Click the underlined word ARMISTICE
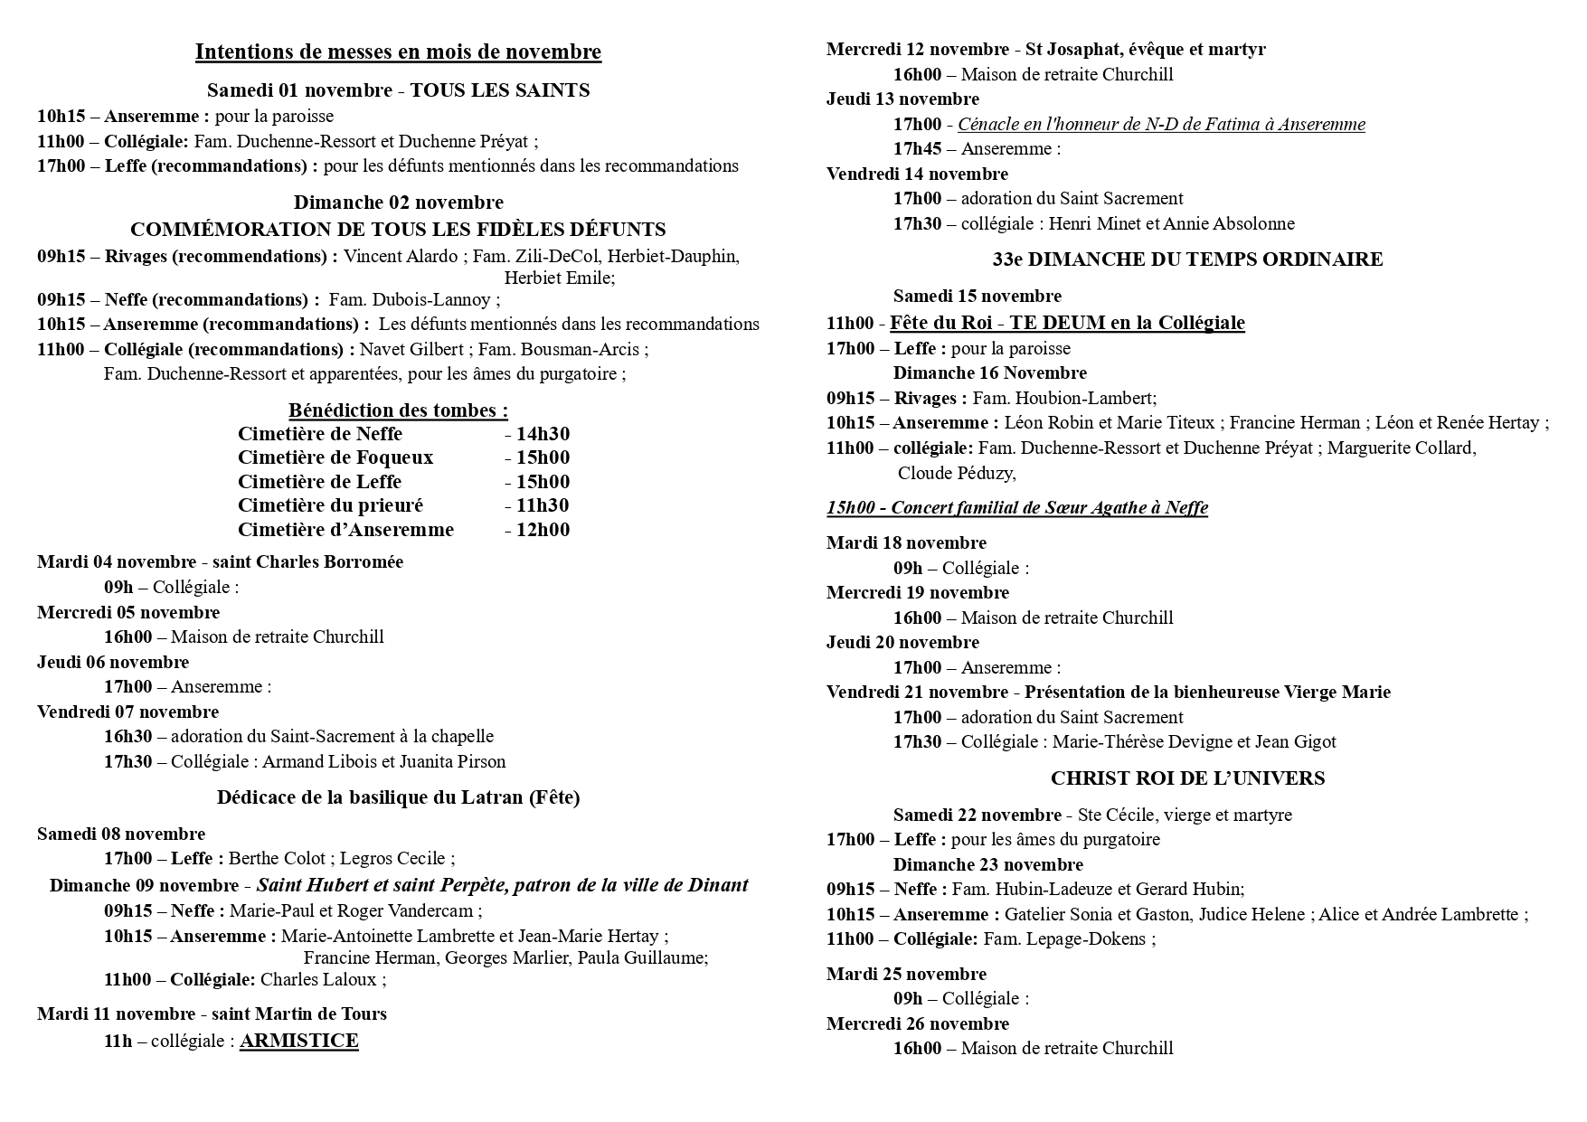(x=298, y=1041)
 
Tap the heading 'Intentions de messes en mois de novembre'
(x=398, y=52)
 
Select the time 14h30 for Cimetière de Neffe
(x=543, y=434)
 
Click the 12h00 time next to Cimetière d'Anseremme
(x=543, y=530)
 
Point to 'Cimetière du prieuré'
(x=330, y=505)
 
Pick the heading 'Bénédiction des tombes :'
(x=398, y=410)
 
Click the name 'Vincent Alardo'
(x=401, y=257)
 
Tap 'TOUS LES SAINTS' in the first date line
(x=500, y=90)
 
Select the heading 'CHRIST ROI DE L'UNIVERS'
(x=1187, y=778)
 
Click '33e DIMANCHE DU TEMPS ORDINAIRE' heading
(x=1187, y=260)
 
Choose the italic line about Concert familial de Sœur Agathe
(x=1016, y=507)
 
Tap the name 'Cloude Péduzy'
(x=955, y=473)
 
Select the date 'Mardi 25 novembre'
(x=906, y=975)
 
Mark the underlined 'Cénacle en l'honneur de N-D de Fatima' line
(x=1161, y=125)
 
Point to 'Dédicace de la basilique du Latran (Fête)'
(x=398, y=797)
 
